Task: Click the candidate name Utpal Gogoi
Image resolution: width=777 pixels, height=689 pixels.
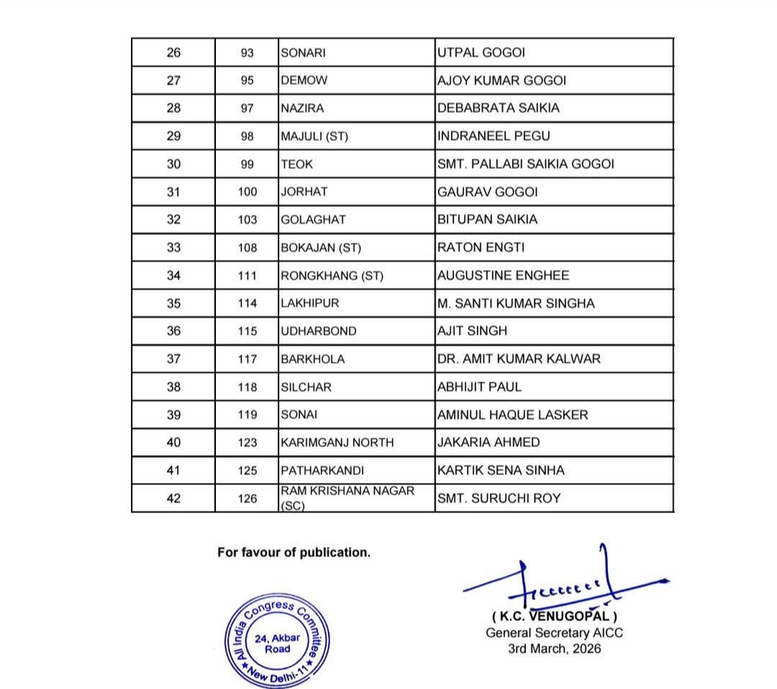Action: (481, 53)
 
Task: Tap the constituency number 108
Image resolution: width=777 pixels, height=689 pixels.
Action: (247, 248)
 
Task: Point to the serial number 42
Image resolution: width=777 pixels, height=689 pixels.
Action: (174, 498)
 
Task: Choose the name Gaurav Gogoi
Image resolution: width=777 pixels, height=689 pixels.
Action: (487, 192)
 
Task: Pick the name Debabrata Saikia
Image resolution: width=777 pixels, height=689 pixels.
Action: (498, 109)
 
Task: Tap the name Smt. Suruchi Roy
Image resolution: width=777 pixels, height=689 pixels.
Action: (498, 498)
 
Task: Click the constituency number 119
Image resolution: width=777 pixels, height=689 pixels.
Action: (247, 415)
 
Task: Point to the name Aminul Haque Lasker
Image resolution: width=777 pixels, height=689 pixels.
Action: (512, 415)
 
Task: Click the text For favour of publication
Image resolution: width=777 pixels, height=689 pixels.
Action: (294, 552)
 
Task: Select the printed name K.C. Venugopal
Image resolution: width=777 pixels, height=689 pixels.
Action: (554, 616)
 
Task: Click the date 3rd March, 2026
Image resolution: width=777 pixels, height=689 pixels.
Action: (554, 648)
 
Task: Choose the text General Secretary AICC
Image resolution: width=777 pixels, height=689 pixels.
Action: (554, 632)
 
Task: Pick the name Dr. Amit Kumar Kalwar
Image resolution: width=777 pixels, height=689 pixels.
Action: (518, 359)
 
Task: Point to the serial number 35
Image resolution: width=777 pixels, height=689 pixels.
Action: (174, 304)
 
